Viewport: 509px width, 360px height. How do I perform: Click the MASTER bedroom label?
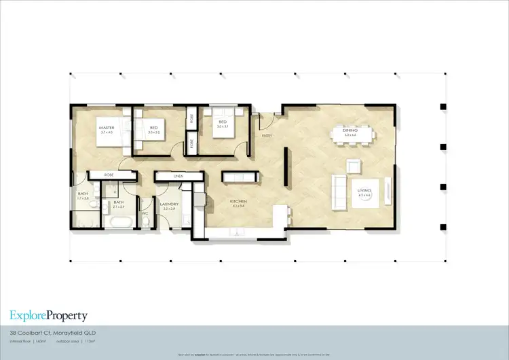[x=105, y=128]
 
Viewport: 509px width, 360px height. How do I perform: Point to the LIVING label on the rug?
[x=365, y=192]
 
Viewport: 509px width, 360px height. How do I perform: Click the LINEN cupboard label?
[x=178, y=177]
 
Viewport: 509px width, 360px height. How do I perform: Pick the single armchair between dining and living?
[x=354, y=165]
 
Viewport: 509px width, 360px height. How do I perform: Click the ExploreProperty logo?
[x=48, y=315]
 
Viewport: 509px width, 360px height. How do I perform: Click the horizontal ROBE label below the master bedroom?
[x=109, y=175]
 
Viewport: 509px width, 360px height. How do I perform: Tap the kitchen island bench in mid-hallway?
[x=242, y=177]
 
